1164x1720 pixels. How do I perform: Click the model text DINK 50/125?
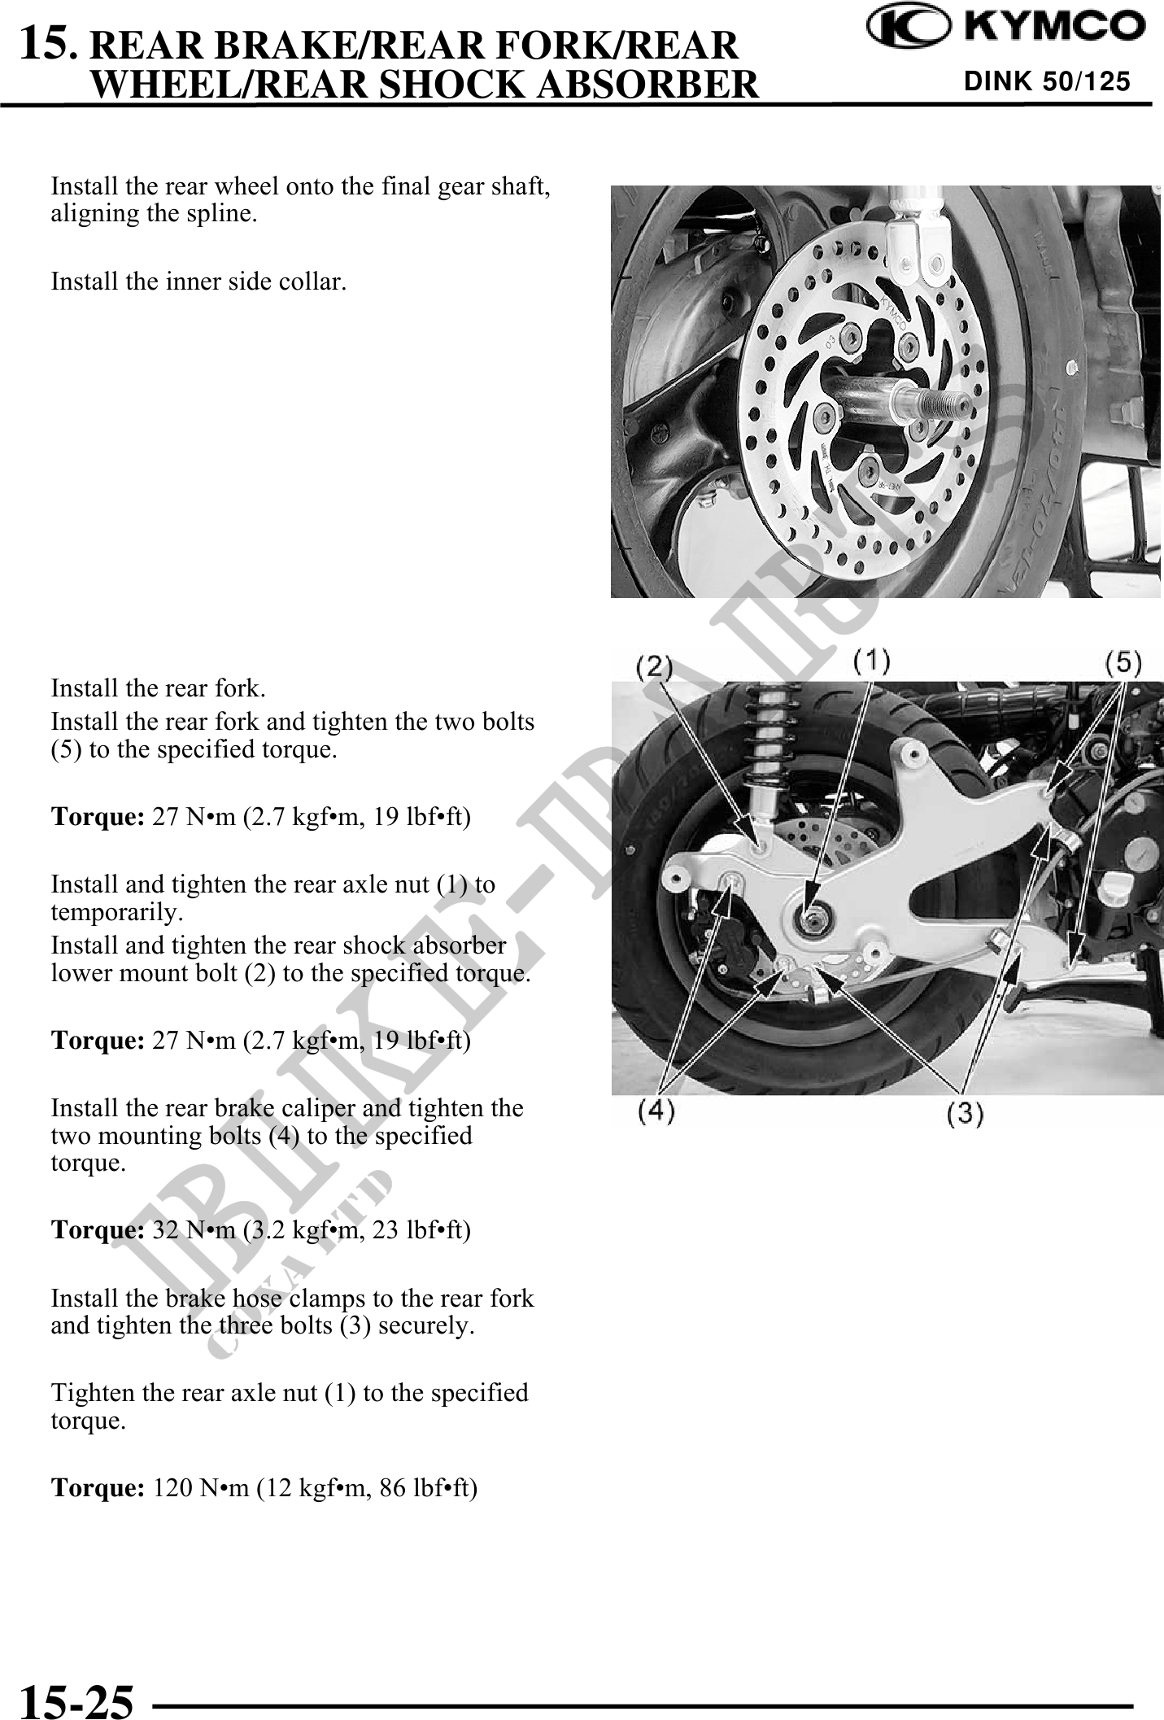[1047, 82]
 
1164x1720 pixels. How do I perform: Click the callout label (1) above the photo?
[872, 661]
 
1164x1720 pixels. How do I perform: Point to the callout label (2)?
[654, 667]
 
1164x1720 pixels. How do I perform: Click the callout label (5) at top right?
[1123, 662]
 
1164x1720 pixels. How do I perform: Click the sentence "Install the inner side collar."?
[198, 282]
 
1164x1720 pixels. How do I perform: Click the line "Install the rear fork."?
[158, 688]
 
